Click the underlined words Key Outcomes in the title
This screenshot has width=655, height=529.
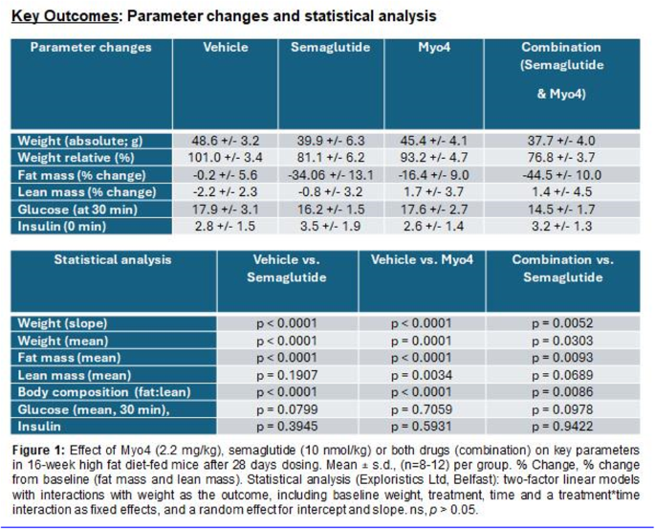click(x=65, y=16)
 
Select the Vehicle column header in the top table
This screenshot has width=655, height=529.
click(x=226, y=47)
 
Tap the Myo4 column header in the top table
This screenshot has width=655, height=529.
click(x=434, y=47)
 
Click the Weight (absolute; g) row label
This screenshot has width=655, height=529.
click(x=80, y=141)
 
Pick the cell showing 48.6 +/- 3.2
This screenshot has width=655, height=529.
click(x=225, y=141)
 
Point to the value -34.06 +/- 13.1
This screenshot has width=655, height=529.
click(x=331, y=175)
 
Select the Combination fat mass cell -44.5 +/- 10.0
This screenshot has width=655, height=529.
click(x=561, y=175)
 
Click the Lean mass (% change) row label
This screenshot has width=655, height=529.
click(x=87, y=192)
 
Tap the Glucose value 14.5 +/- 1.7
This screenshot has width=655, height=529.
click(x=561, y=209)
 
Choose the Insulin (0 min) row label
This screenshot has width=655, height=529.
click(x=62, y=227)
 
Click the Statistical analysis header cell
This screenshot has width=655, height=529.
click(x=113, y=260)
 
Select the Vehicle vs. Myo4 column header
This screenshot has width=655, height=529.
click(x=422, y=260)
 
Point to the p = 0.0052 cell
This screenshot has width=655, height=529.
click(x=562, y=323)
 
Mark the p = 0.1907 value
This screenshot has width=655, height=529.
click(x=287, y=375)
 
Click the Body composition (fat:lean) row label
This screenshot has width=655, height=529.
click(x=104, y=392)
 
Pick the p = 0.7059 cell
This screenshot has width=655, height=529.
click(x=422, y=409)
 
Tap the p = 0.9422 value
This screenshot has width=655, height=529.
click(x=562, y=427)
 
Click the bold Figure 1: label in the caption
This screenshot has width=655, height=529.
click(x=38, y=451)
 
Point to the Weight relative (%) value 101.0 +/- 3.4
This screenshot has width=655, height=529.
click(x=225, y=158)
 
